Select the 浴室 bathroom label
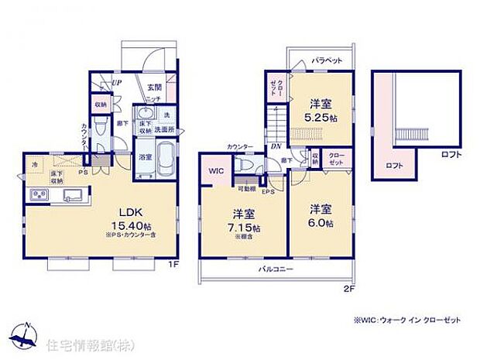point(144,157)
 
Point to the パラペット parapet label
point(327,59)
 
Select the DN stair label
point(276,146)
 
